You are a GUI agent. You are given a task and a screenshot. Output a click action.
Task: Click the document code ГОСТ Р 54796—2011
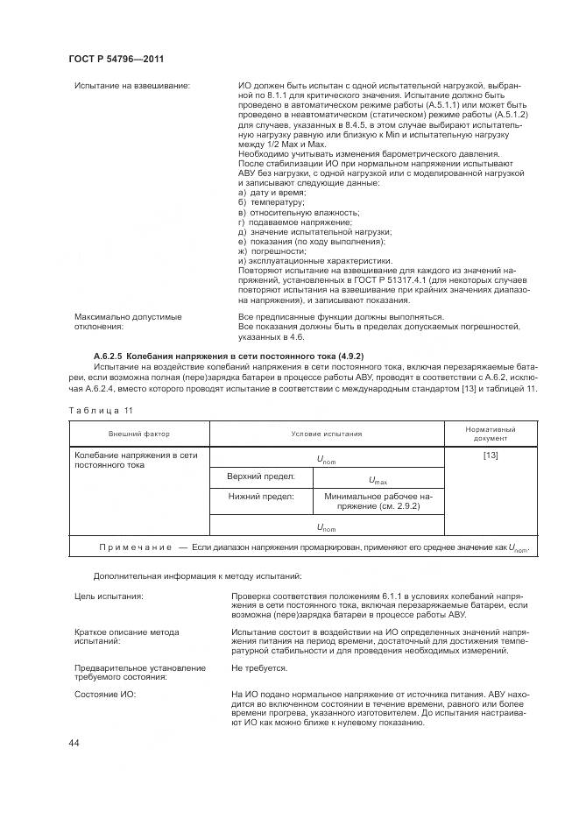(x=117, y=59)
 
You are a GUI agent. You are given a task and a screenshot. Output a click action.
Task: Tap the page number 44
(x=74, y=743)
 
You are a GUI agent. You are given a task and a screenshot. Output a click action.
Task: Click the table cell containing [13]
(x=490, y=456)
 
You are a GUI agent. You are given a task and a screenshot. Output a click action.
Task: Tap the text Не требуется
(x=259, y=667)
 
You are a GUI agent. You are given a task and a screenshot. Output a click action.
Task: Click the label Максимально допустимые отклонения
(x=116, y=321)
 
